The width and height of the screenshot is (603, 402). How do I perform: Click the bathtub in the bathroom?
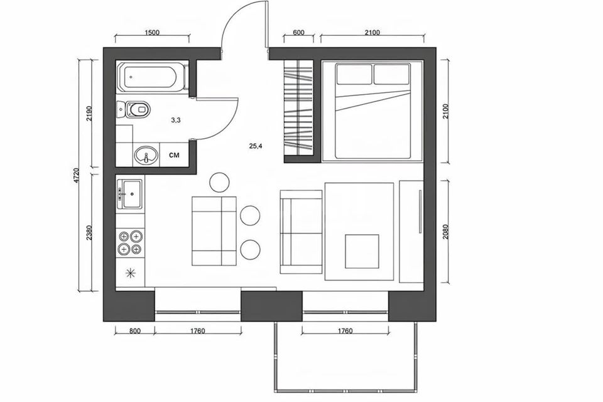[153, 77]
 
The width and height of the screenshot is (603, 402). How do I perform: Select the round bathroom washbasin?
[146, 155]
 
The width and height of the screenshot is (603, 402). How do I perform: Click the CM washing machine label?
[174, 155]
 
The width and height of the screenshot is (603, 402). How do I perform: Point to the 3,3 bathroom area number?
[176, 120]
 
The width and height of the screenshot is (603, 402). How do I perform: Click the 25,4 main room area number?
[256, 146]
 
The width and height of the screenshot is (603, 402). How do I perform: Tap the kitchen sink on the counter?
[129, 194]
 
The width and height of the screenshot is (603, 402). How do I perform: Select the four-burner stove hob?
[130, 242]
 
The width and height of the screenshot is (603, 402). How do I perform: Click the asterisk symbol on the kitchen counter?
[131, 273]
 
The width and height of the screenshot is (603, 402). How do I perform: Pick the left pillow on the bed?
[354, 74]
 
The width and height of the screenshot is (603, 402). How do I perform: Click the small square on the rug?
[362, 251]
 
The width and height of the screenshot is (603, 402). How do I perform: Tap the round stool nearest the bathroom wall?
[220, 182]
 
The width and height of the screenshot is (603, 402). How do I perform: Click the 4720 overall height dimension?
[77, 175]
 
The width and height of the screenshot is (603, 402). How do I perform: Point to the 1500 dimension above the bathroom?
[152, 33]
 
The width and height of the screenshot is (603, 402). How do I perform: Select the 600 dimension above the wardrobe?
[299, 33]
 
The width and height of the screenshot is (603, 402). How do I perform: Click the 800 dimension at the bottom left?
[135, 331]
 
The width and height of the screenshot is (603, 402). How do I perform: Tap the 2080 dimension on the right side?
[446, 231]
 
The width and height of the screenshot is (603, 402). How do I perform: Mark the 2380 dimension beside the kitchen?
[89, 232]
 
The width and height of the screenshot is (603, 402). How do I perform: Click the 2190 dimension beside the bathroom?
[89, 114]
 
